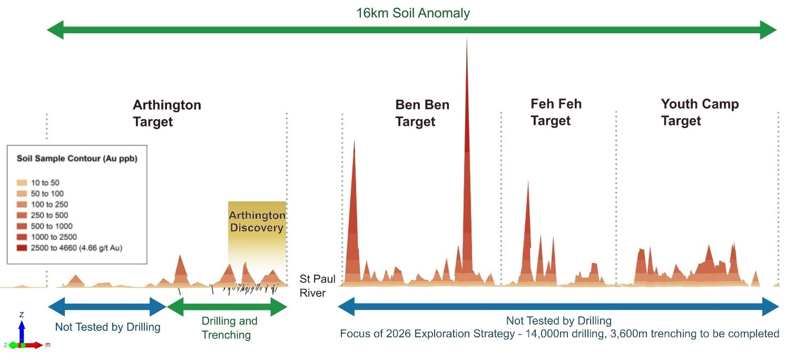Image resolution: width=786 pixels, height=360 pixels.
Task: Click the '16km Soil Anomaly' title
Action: (412, 13)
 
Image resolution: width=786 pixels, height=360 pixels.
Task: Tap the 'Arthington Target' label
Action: (166, 113)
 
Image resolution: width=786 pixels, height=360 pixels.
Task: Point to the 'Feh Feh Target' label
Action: (556, 112)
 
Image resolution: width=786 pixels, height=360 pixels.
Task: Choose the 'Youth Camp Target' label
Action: (700, 112)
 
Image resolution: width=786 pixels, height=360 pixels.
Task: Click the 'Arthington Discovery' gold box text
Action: (257, 222)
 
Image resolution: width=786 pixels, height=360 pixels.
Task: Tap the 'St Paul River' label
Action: (313, 285)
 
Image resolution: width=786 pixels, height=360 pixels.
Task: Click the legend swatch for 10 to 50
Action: (22, 183)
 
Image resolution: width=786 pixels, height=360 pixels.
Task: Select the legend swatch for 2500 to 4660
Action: (22, 248)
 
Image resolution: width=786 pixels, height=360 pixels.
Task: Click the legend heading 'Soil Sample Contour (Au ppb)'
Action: (77, 158)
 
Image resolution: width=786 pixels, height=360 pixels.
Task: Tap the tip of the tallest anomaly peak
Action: (467, 38)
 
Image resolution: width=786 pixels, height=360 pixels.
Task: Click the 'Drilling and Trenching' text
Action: (229, 328)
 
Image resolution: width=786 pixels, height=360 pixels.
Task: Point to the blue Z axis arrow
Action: (22, 329)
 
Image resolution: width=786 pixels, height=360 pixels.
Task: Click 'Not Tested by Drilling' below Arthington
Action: (107, 327)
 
